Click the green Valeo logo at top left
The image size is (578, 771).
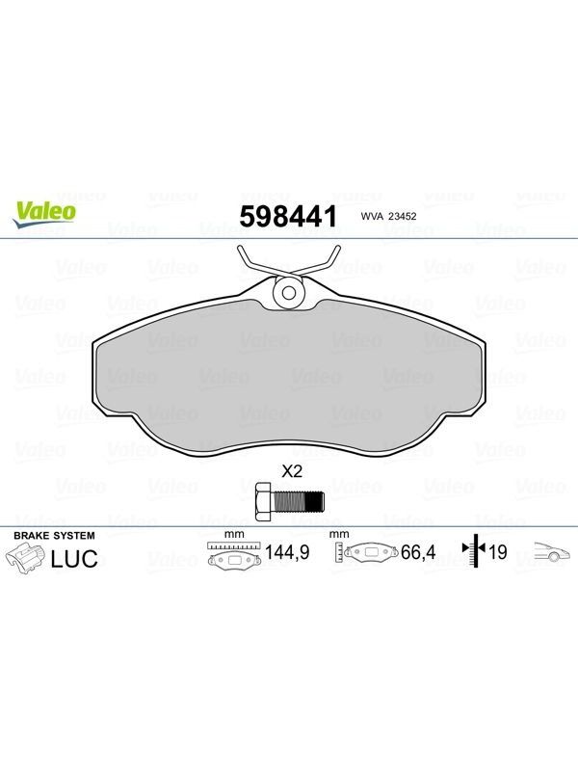44,215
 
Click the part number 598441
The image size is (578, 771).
288,216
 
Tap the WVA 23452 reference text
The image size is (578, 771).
388,216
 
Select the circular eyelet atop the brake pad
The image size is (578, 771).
288,293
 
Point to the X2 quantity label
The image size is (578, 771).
292,472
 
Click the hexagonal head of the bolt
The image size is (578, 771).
264,501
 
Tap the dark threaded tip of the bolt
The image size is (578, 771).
315,501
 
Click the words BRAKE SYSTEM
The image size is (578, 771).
54,536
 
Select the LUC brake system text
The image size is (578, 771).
75,559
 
